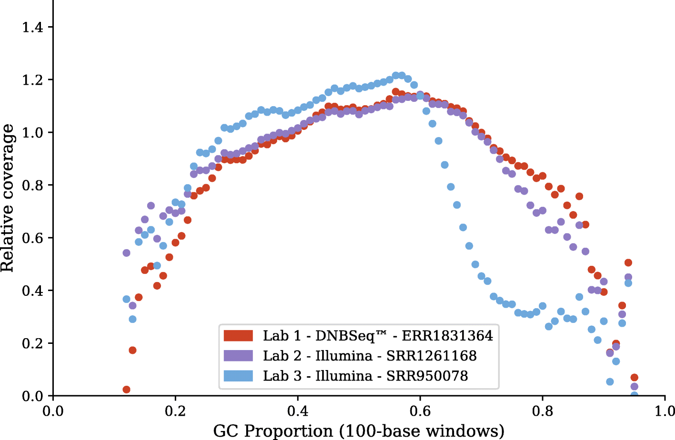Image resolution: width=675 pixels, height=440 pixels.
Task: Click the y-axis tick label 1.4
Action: click(x=32, y=28)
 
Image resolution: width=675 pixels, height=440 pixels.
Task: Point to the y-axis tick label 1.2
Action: click(x=32, y=80)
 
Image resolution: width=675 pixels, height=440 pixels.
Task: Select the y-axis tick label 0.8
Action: click(x=32, y=186)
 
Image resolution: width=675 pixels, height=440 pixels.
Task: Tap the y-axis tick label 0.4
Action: click(x=32, y=291)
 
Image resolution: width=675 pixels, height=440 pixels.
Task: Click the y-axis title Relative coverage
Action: click(x=8, y=198)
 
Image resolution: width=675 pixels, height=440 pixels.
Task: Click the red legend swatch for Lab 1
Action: click(x=238, y=336)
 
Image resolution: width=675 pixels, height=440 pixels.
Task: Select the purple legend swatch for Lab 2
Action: click(x=238, y=356)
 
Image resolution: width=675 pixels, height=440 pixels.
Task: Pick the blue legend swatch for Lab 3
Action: click(x=238, y=376)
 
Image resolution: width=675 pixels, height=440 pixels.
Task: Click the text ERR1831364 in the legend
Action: click(x=447, y=336)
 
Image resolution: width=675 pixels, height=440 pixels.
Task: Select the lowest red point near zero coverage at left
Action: click(x=126, y=390)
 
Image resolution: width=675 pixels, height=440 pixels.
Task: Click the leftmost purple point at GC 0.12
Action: click(x=126, y=253)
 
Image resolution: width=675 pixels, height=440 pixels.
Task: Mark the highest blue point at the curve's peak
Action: click(x=396, y=75)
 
